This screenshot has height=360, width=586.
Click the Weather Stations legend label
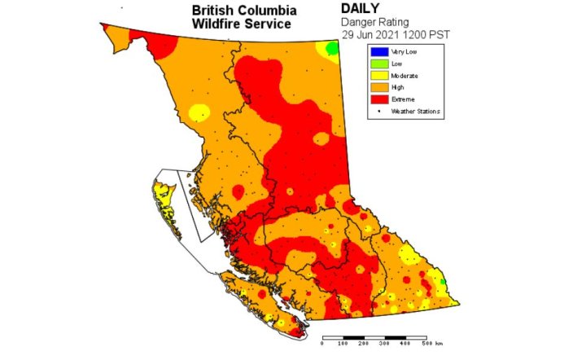coord(412,110)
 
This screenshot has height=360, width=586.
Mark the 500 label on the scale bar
coord(425,345)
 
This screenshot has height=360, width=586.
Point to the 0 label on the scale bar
coord(323,345)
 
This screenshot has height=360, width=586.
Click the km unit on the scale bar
coord(439,345)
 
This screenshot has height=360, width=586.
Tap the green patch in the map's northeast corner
coord(332,49)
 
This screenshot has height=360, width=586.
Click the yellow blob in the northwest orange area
coord(199,112)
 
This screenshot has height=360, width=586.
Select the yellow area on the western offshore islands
coord(161,195)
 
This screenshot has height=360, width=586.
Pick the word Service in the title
coord(266,24)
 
